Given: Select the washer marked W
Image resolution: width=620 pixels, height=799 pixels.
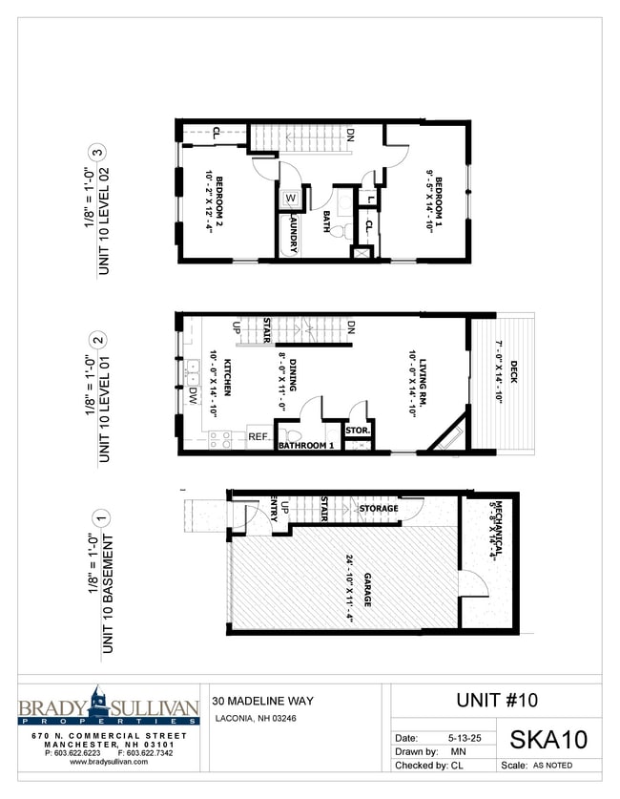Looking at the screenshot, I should point(290,200).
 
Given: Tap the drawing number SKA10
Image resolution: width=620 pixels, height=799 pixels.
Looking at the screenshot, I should point(548,738).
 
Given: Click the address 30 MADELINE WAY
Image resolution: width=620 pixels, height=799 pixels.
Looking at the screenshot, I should point(262,701).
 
